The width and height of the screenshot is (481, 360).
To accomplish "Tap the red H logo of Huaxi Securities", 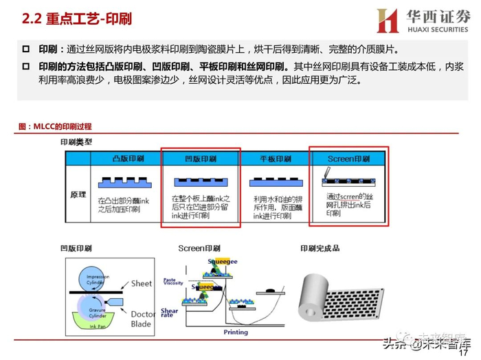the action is (387, 21).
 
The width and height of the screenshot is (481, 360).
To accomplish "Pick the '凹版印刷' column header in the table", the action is (200, 159).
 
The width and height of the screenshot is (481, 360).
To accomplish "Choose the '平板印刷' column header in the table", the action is (273, 159).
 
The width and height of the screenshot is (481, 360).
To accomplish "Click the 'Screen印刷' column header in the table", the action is (348, 159).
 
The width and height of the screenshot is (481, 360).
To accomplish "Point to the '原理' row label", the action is (78, 194).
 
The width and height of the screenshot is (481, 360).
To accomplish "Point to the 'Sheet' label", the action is (142, 283).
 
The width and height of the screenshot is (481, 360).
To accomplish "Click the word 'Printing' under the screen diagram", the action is (236, 332).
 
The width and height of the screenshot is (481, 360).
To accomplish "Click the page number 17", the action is (463, 352).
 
